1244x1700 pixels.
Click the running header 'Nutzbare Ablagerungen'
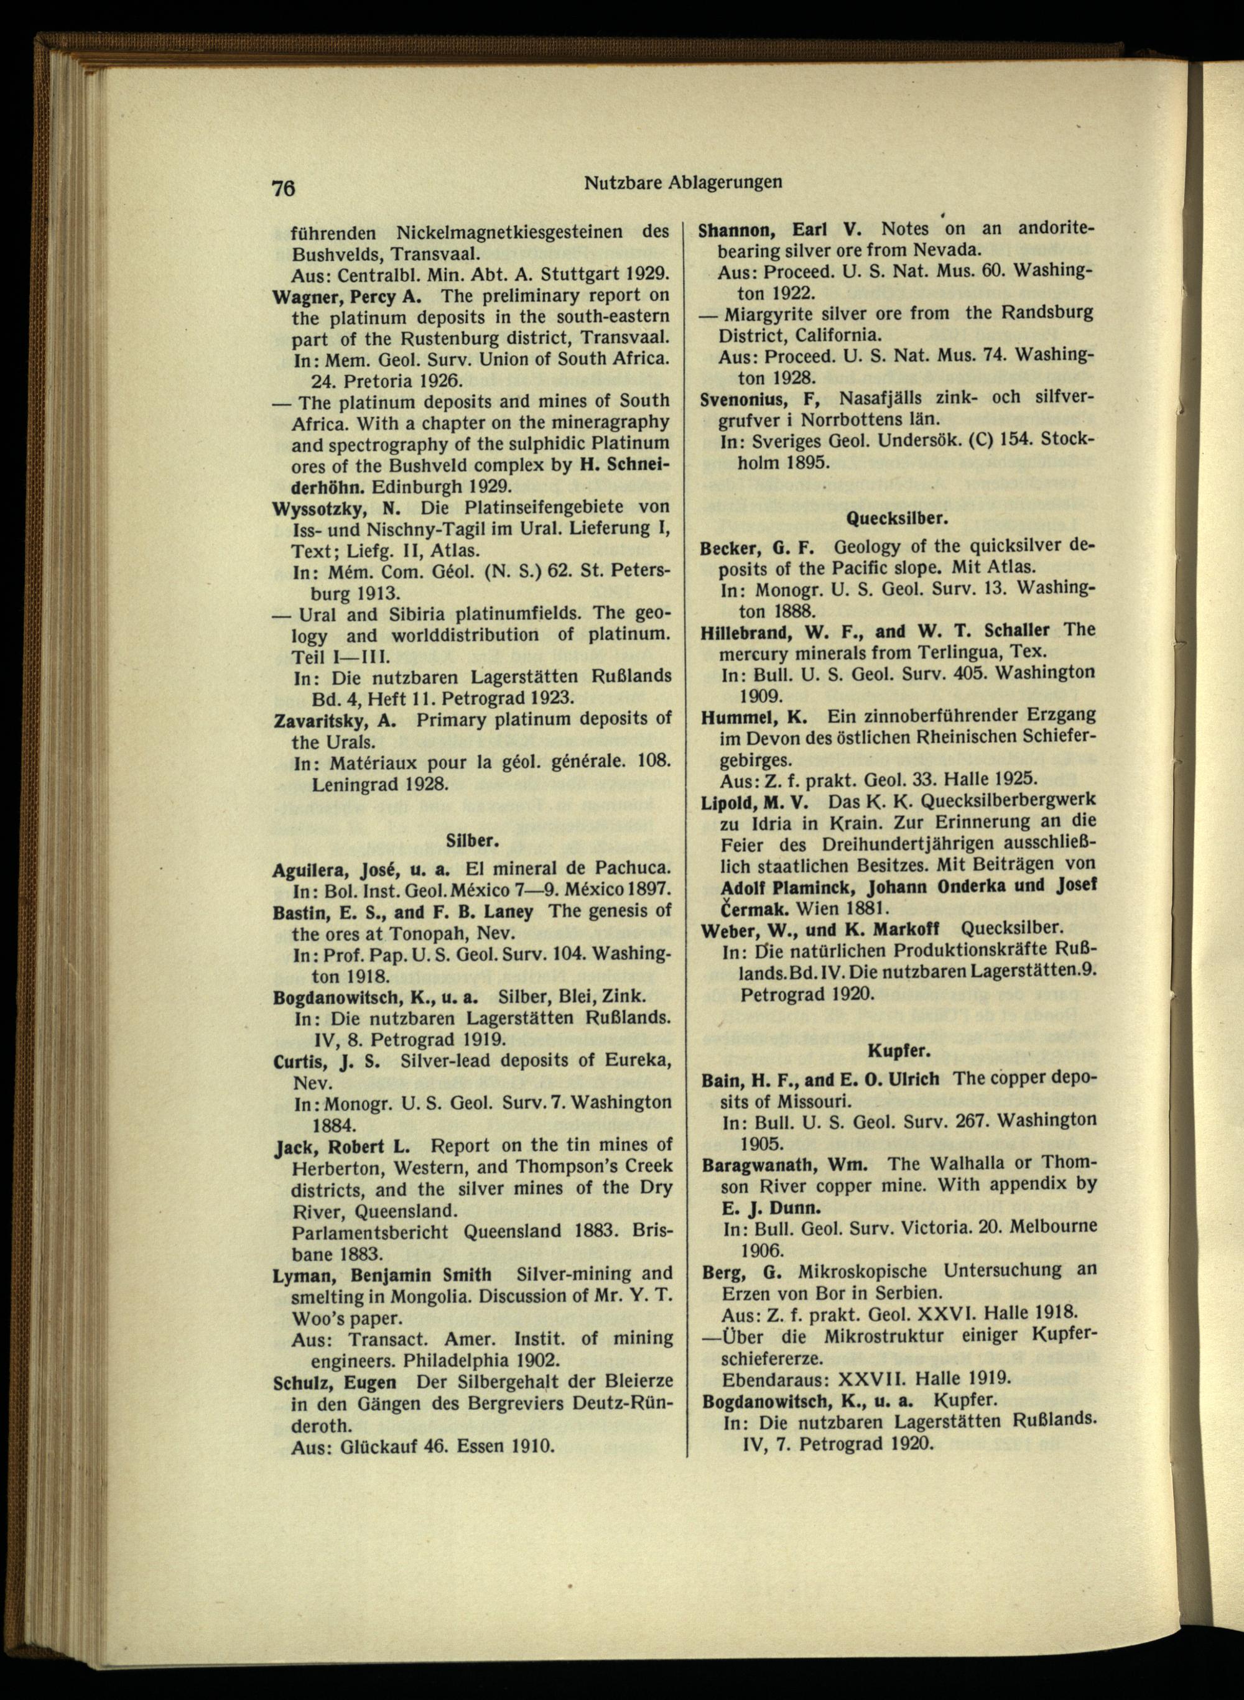(683, 182)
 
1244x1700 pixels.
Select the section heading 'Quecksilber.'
(897, 519)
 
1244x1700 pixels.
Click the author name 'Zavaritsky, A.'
(335, 720)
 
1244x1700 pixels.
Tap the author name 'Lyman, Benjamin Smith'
(382, 1275)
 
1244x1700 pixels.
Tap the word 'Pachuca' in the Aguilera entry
(630, 869)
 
